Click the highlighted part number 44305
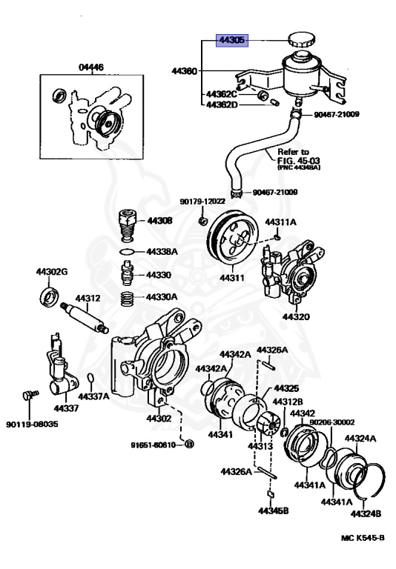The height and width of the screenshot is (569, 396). click(231, 39)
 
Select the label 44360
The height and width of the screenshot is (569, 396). click(184, 72)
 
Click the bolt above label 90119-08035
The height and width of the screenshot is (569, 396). click(29, 396)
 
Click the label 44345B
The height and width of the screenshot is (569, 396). click(274, 510)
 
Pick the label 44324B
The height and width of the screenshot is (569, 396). click(366, 513)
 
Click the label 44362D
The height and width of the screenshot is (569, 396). click(222, 104)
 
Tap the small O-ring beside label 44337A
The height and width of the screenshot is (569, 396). click(90, 380)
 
